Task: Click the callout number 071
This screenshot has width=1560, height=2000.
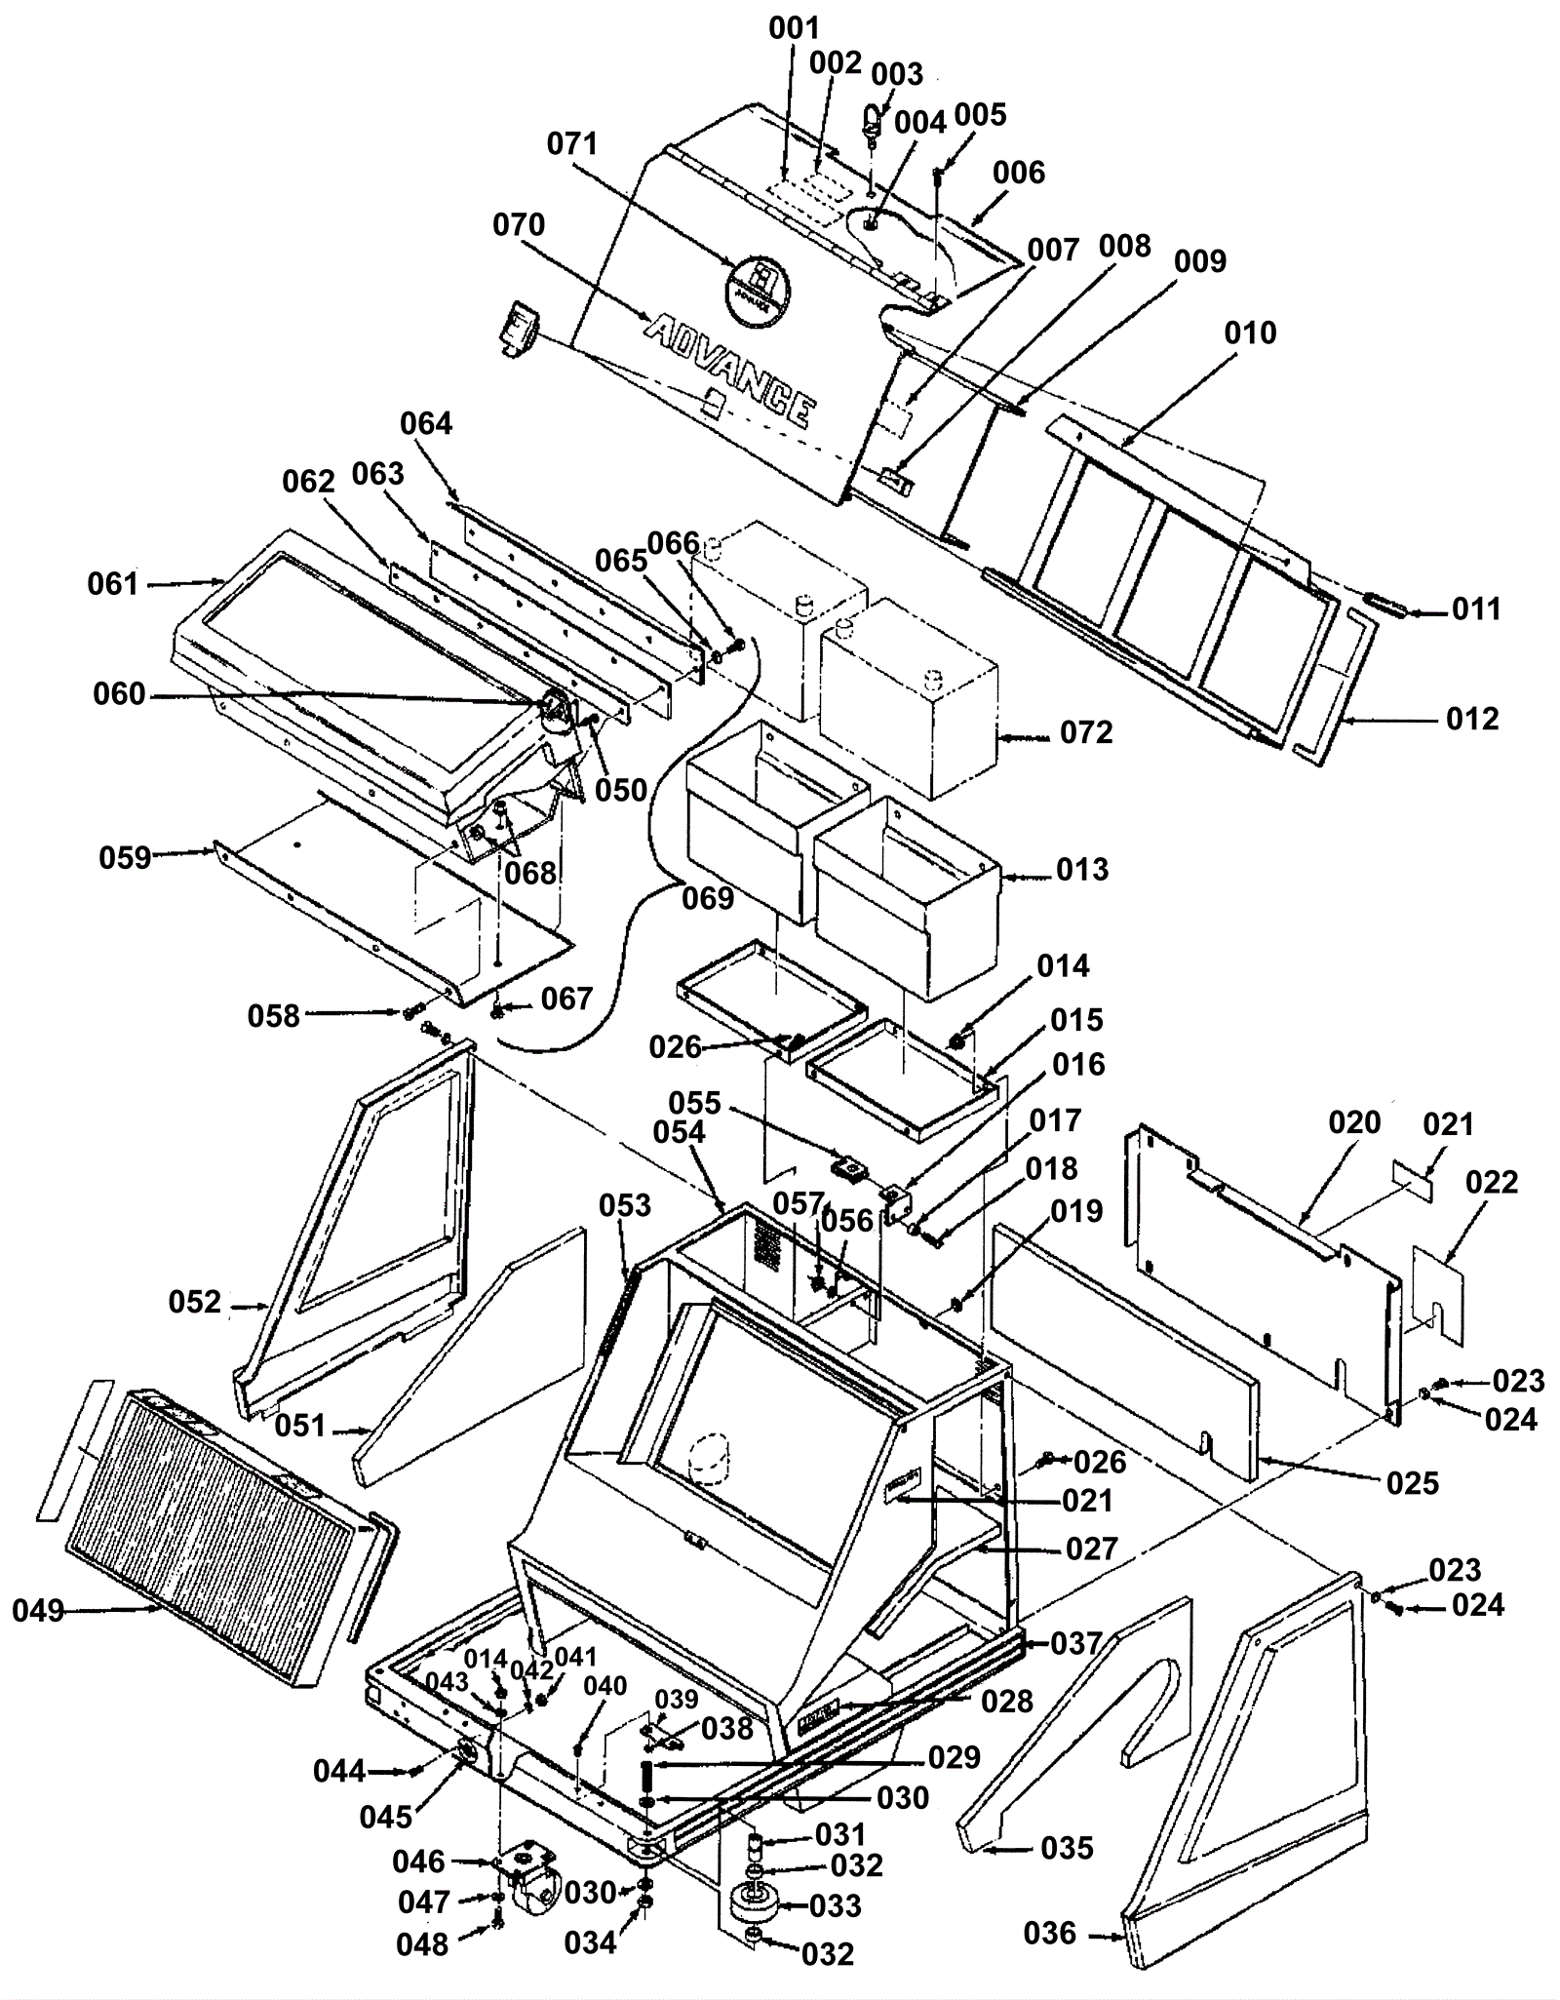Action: pos(572,144)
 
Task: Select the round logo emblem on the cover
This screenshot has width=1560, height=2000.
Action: pos(758,283)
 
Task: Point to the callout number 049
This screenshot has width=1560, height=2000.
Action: pos(38,1610)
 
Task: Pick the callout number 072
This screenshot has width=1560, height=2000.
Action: pos(1085,732)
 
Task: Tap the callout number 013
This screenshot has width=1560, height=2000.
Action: pos(1082,869)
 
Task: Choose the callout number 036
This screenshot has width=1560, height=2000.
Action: pos(1050,1933)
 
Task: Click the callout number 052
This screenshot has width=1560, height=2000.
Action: pos(195,1302)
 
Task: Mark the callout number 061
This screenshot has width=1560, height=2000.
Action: pos(113,584)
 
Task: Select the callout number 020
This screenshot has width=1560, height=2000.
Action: pos(1354,1122)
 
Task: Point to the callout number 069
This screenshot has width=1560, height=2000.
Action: pos(707,897)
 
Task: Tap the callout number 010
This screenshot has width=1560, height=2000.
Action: pos(1250,333)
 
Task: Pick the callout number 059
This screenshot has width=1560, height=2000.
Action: pos(125,857)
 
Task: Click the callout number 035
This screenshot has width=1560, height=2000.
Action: pos(1068,1848)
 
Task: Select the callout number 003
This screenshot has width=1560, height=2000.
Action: pos(896,74)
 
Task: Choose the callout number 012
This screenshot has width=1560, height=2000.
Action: pos(1472,719)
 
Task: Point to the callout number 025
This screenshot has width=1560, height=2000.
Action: pos(1412,1483)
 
